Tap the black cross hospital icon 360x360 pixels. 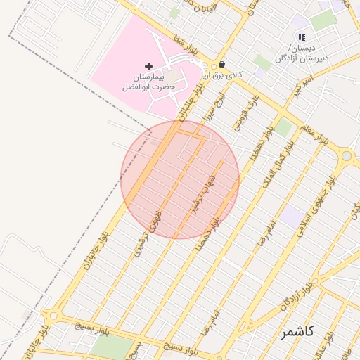pyautogui.click(x=148, y=66)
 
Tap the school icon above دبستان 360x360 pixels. pyautogui.click(x=302, y=37)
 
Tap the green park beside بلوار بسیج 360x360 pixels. pyautogui.click(x=111, y=347)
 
